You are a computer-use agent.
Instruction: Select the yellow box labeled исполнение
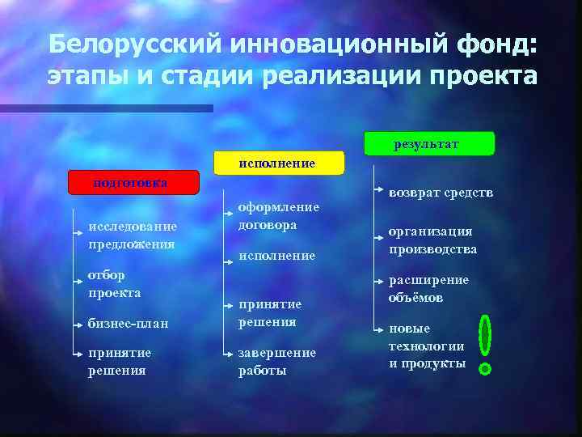point(278,163)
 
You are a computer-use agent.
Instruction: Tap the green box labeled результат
point(428,144)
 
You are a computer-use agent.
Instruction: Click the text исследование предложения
point(133,235)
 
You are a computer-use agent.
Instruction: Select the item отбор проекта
point(114,284)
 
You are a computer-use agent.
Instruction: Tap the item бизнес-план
point(128,324)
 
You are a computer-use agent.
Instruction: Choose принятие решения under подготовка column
point(119,362)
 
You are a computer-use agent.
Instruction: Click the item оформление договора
point(278,216)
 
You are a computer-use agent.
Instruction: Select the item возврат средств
point(441,193)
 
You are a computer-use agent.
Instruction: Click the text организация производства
point(432,240)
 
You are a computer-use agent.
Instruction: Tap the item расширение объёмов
point(428,289)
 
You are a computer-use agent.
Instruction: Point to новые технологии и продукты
point(427,346)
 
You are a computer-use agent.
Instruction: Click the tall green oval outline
point(485,336)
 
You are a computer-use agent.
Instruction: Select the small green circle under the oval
point(485,369)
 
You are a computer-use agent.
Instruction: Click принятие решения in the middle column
point(269,312)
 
